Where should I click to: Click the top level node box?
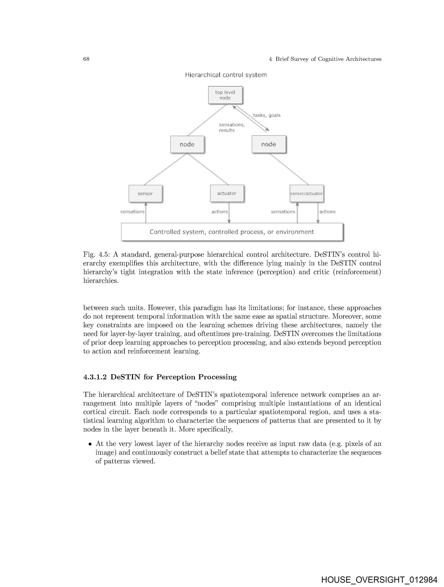click(x=225, y=95)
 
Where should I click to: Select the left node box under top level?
click(x=187, y=144)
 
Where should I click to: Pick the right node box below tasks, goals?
click(x=269, y=144)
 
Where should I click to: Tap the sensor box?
click(x=145, y=194)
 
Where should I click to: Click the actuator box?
click(x=227, y=193)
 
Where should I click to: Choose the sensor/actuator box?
click(x=306, y=194)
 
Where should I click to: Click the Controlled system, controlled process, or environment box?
click(x=232, y=232)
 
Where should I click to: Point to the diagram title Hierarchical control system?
click(x=226, y=75)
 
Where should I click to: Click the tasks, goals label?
click(x=266, y=115)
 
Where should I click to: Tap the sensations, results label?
click(x=232, y=127)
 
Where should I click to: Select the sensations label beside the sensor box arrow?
click(x=132, y=212)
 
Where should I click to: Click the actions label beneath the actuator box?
click(x=220, y=212)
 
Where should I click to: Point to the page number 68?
click(x=86, y=59)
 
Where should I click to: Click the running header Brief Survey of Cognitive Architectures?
click(x=328, y=59)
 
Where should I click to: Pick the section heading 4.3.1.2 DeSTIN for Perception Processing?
click(x=160, y=377)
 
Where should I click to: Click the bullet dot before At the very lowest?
click(x=90, y=444)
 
